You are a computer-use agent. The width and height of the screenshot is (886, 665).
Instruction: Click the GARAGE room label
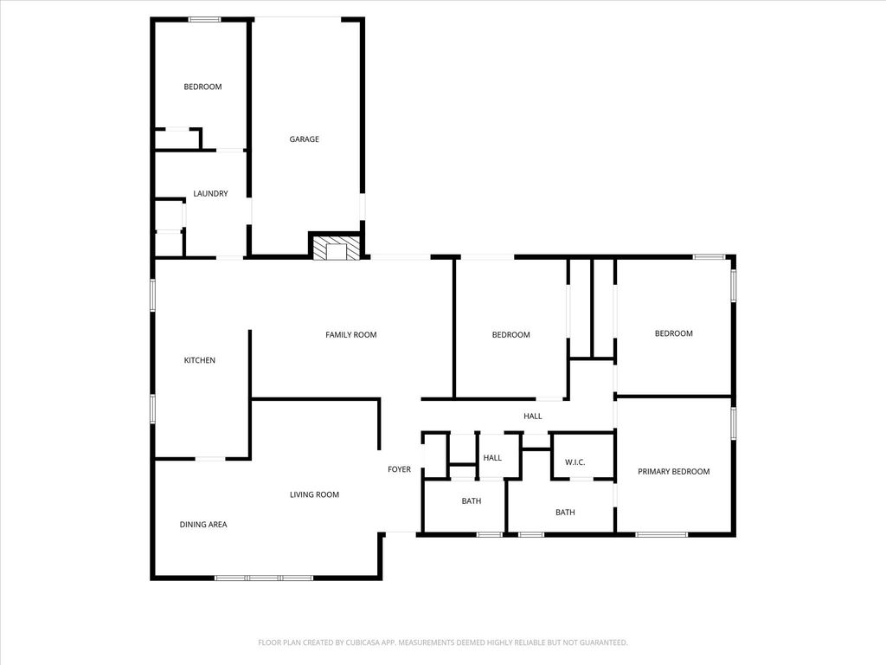304,139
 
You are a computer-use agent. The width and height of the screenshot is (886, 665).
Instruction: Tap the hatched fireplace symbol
337,248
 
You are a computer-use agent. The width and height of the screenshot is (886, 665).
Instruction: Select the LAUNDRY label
210,193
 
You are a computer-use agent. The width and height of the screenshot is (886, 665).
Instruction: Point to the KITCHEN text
200,360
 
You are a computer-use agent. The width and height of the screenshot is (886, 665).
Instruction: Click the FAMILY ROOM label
351,335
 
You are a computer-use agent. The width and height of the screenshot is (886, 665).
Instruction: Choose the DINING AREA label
203,524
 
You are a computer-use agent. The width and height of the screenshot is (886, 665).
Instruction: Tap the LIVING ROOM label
314,494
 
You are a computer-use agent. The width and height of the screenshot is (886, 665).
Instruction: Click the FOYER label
399,469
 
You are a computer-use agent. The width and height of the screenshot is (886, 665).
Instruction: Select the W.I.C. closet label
575,462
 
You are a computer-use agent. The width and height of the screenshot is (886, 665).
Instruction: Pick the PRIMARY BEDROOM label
673,471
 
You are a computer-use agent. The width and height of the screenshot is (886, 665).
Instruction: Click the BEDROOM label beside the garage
202,87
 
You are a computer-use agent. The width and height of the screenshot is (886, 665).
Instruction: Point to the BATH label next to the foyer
472,500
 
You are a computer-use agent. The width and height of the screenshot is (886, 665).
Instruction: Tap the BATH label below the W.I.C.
565,513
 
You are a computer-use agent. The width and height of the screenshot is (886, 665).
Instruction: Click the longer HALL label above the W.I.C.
532,416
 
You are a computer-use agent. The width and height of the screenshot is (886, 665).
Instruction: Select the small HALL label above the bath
492,457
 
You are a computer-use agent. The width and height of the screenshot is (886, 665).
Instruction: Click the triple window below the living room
264,578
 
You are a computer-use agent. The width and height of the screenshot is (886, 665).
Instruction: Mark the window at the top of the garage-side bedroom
204,20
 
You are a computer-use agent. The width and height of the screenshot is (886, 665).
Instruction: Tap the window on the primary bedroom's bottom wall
662,533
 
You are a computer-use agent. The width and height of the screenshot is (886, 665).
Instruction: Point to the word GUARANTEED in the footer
605,642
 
